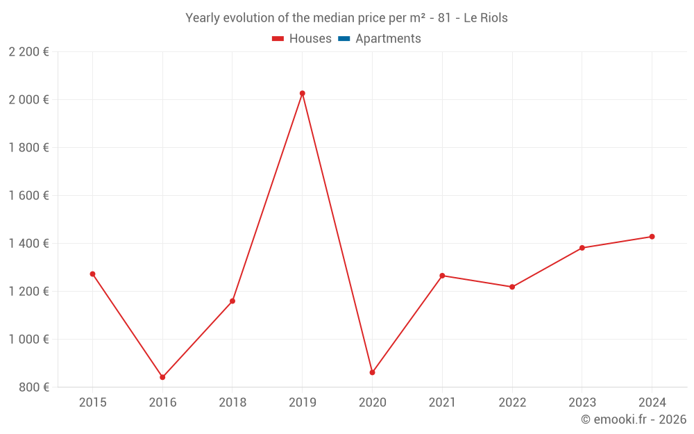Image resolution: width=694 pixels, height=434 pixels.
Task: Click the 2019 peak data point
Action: pos(303,93)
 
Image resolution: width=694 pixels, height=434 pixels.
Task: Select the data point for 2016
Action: pos(162,377)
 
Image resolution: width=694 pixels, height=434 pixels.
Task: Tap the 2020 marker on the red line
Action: pos(373,372)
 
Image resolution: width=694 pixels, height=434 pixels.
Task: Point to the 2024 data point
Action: pos(652,237)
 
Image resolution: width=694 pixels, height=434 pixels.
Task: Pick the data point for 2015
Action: pos(92,274)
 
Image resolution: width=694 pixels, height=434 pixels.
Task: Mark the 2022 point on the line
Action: pos(512,287)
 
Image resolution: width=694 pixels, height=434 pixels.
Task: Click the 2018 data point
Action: pos(232,301)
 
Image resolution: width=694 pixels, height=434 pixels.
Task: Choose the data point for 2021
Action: pos(442,276)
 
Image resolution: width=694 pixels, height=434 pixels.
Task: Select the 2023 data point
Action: pos(582,248)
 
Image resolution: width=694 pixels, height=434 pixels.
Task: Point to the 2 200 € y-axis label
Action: pos(28,52)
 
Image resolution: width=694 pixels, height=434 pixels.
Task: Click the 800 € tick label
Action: pos(33,387)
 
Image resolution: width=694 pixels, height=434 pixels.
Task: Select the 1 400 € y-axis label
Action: pos(28,243)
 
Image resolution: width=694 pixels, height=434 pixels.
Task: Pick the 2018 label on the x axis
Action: pos(232,402)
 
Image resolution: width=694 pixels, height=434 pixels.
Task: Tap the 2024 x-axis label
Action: pos(652,402)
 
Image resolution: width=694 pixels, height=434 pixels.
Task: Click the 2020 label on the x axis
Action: pos(373,402)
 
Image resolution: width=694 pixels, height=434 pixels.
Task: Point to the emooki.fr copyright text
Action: pos(634,419)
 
